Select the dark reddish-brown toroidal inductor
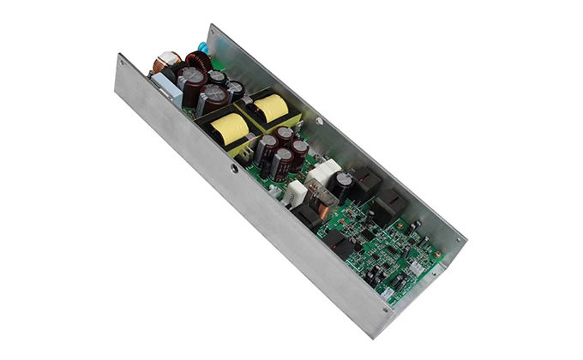pyautogui.click(x=199, y=61)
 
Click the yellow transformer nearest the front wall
pyautogui.click(x=228, y=130)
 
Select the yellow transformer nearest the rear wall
pyautogui.click(x=270, y=107)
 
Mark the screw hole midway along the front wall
pyautogui.click(x=234, y=169)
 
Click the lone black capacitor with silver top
pyautogui.click(x=346, y=183)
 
